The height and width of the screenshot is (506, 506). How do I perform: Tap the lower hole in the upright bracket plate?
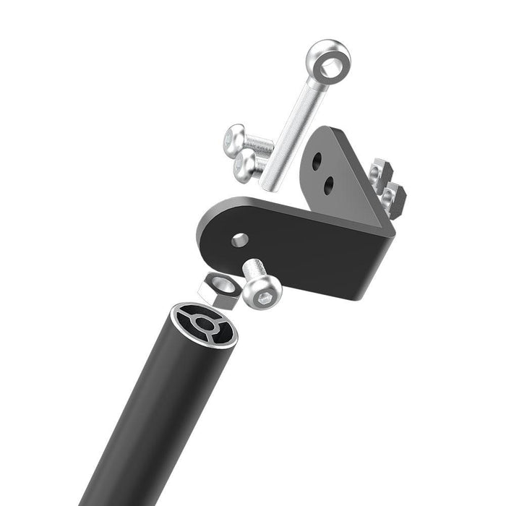(329, 184)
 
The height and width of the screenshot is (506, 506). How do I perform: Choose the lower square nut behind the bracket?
(393, 197)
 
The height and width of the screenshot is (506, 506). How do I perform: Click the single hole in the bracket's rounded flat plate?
(240, 239)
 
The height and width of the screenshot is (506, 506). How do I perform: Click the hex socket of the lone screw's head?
(264, 293)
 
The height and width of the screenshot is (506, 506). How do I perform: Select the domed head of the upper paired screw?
(236, 137)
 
